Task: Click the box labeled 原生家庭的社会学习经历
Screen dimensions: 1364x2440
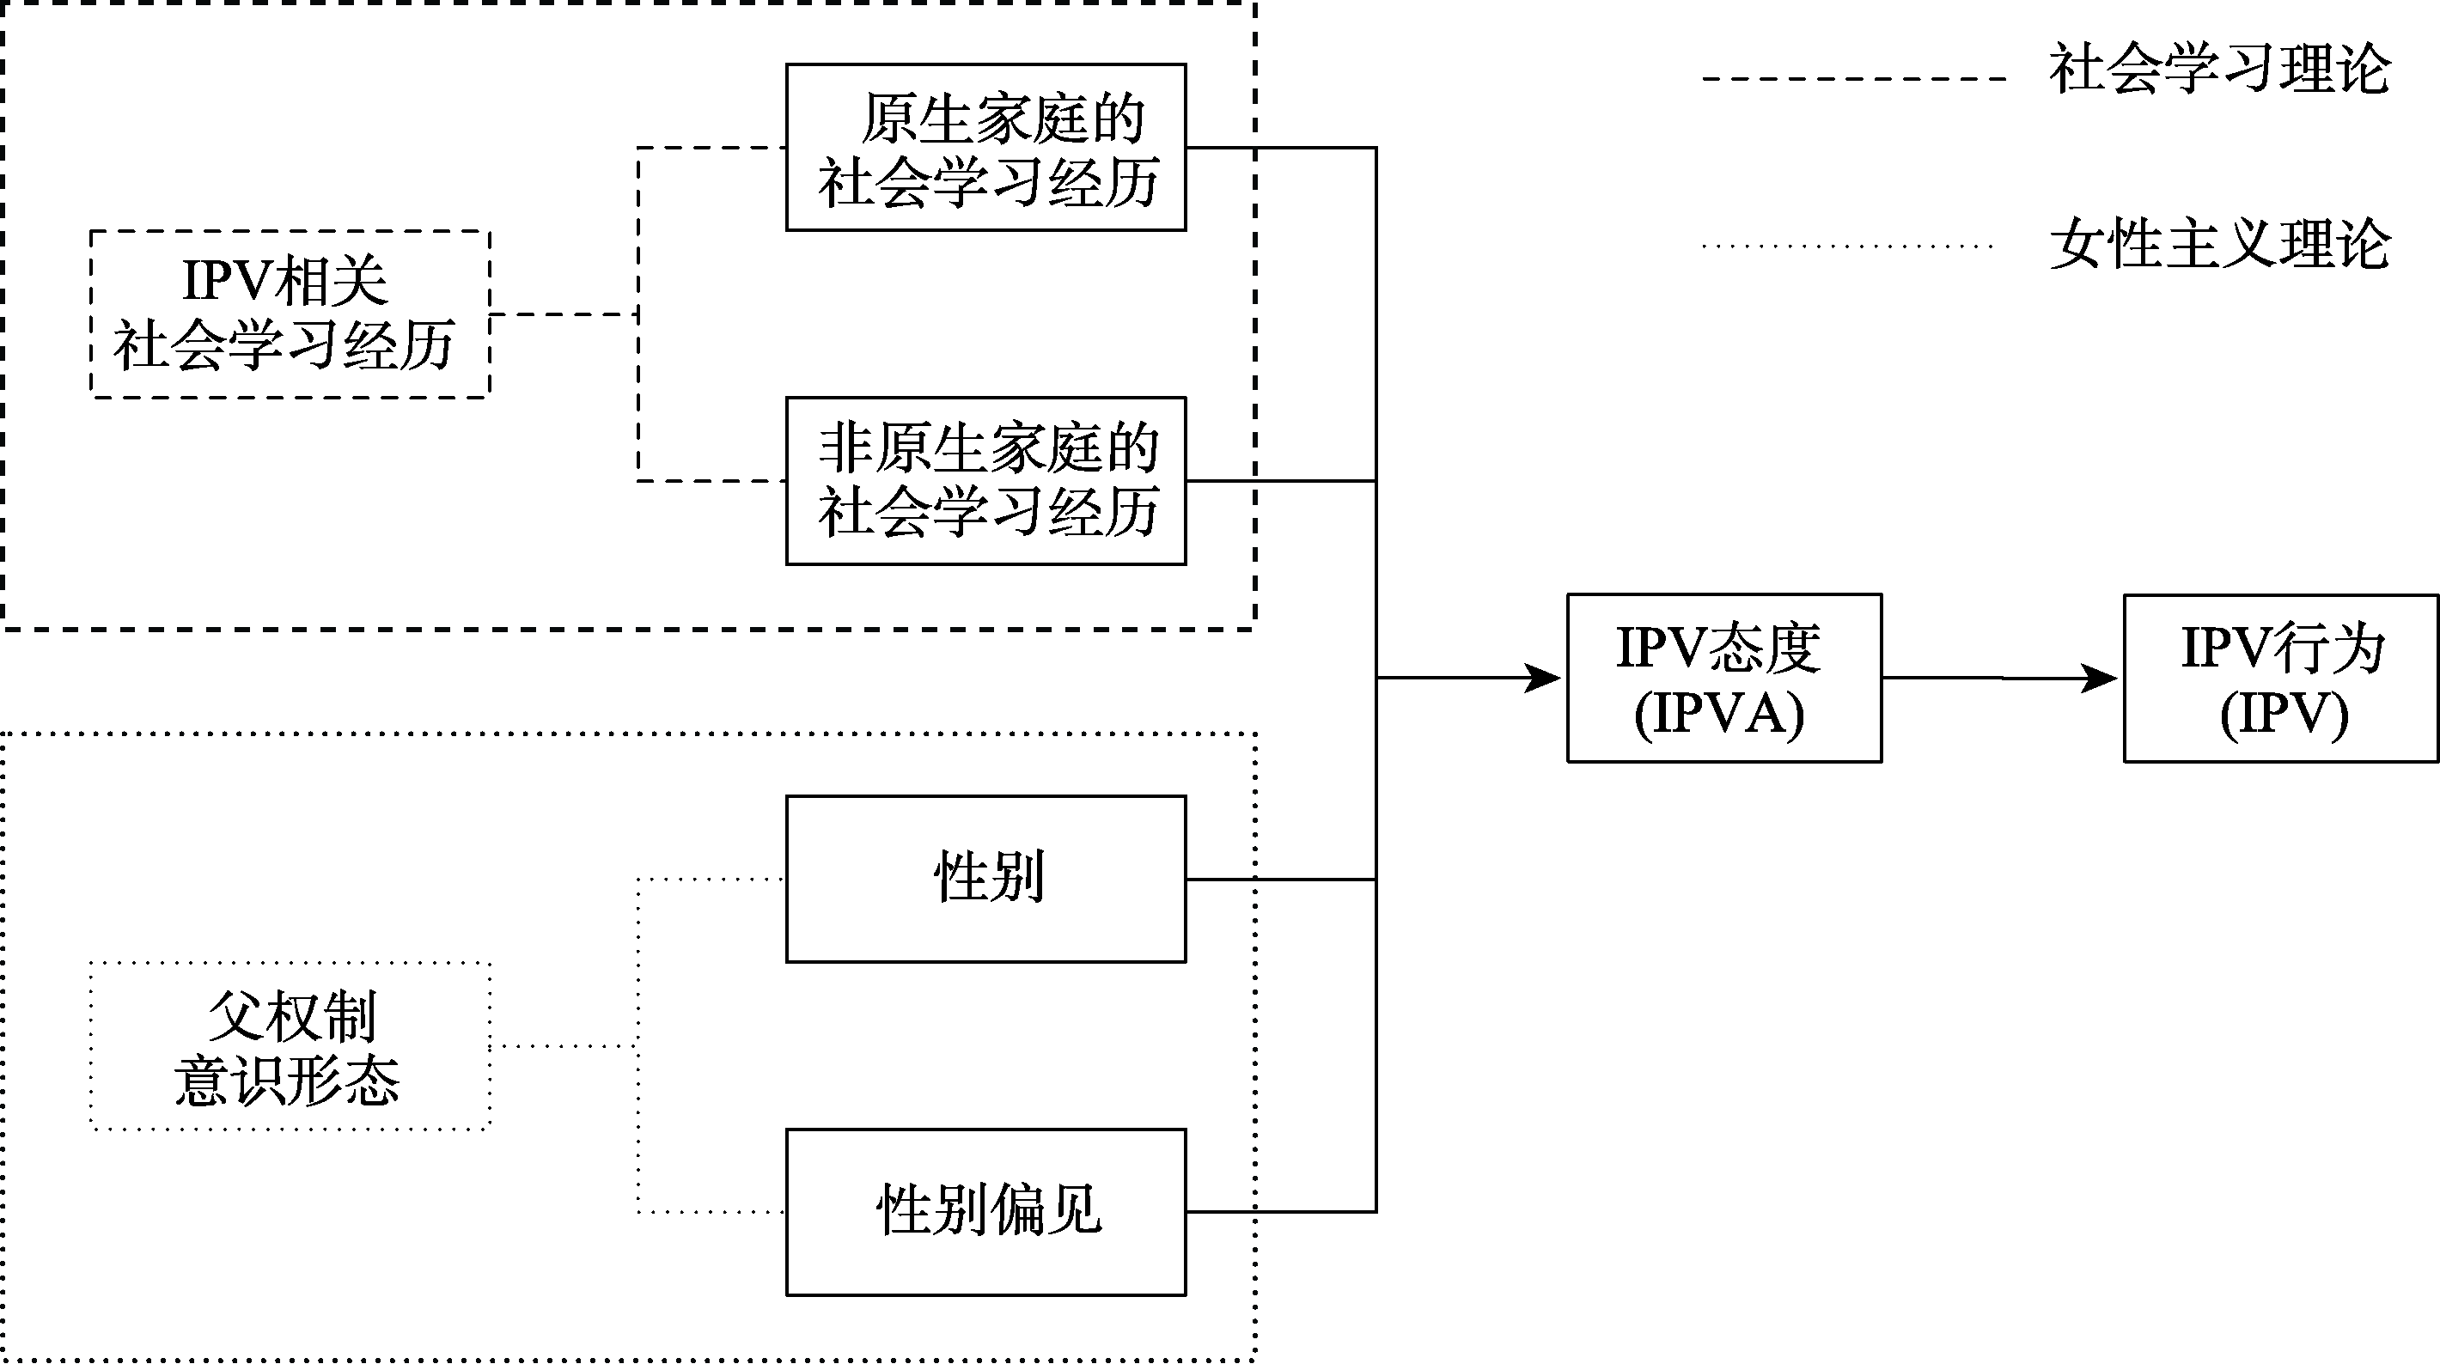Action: click(985, 148)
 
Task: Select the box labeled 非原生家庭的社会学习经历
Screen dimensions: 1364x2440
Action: click(985, 481)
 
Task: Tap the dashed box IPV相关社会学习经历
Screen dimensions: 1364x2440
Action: click(290, 314)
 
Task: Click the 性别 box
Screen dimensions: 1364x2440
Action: click(985, 879)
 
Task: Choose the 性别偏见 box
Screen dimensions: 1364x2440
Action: click(985, 1211)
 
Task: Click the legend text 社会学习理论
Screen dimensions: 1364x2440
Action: click(2219, 68)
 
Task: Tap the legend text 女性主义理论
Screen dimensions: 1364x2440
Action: click(2219, 245)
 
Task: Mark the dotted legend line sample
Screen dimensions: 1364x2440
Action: click(1847, 247)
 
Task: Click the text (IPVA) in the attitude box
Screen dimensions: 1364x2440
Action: click(1719, 712)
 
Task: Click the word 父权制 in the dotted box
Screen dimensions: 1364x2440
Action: click(293, 1016)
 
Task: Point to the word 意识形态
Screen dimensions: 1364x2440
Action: click(287, 1081)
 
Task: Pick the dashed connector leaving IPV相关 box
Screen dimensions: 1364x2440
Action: click(564, 314)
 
